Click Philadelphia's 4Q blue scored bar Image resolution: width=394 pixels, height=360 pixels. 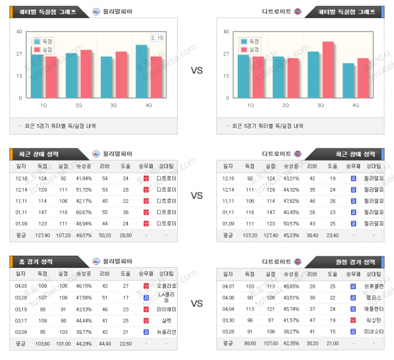tap(141, 72)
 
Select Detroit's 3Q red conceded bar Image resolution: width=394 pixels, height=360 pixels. tap(328, 70)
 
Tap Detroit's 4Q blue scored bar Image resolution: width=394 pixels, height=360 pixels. tap(348, 80)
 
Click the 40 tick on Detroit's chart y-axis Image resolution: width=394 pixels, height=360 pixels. tap(226, 32)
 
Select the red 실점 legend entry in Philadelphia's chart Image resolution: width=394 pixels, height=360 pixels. tap(44, 49)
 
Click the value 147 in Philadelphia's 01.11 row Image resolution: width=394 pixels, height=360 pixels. tap(42, 212)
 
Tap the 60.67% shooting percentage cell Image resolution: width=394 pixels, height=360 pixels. tap(84, 212)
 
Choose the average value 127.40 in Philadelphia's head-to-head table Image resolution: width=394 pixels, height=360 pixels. tap(42, 235)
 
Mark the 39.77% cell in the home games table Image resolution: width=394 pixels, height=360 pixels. tap(84, 332)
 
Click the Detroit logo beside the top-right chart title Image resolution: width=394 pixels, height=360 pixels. tap(298, 12)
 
